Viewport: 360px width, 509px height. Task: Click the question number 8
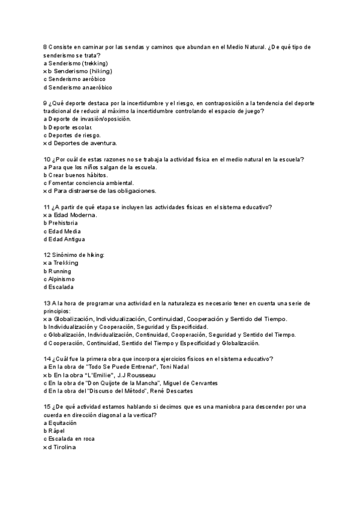click(x=45, y=47)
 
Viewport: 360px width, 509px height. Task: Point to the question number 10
click(x=47, y=159)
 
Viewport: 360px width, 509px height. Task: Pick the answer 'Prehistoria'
click(x=63, y=223)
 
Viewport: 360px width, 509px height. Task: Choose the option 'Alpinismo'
click(x=61, y=279)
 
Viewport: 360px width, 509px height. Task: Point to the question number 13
click(x=47, y=303)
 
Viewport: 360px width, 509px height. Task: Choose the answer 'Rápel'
click(x=56, y=431)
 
